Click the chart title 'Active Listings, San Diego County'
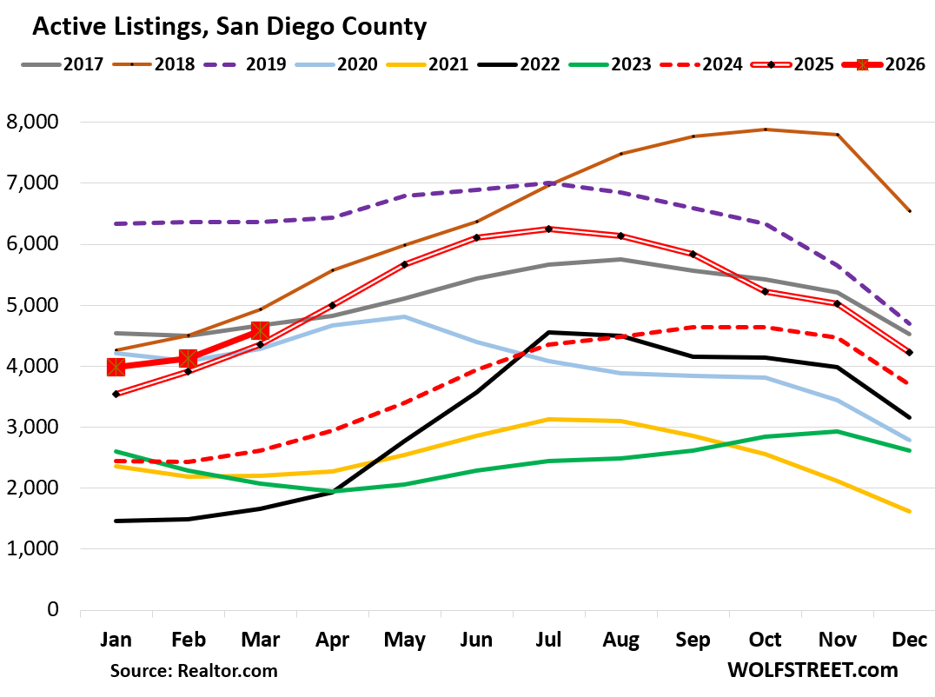point(229,28)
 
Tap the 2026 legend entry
point(879,64)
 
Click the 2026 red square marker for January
point(116,368)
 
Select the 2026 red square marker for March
point(260,330)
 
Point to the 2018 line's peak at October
point(765,129)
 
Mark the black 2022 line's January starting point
point(116,521)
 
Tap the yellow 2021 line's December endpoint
point(909,512)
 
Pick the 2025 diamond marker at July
point(548,229)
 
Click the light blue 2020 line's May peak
point(404,316)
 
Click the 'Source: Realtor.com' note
point(193,671)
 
